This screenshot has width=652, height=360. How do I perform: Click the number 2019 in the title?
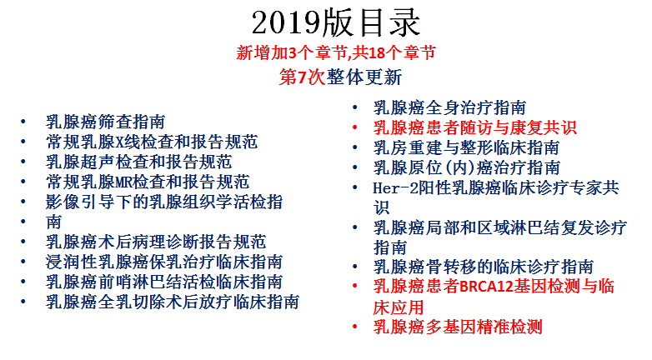[x=287, y=22]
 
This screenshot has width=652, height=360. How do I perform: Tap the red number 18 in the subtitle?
[x=376, y=52]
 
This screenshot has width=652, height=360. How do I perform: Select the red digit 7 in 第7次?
[x=302, y=77]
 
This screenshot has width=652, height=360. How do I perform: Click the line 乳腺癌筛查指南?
[x=106, y=122]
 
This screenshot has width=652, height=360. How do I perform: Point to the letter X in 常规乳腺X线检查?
[x=119, y=142]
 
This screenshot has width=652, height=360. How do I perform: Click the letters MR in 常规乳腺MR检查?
[x=123, y=182]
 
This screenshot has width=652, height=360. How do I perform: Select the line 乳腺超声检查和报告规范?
[x=139, y=162]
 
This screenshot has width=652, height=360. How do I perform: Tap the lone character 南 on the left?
[x=54, y=222]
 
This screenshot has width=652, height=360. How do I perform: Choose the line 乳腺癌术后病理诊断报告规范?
[x=156, y=242]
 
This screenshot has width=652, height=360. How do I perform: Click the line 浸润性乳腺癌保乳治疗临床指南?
[x=164, y=262]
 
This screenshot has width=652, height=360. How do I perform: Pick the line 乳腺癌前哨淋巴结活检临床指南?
[x=164, y=282]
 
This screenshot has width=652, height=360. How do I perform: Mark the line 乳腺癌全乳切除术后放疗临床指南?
[x=173, y=302]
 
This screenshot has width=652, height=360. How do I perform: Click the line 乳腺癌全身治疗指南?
[x=449, y=107]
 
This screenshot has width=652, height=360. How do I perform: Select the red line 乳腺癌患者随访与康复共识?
[x=475, y=127]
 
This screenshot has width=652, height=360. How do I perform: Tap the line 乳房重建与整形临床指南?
[x=466, y=147]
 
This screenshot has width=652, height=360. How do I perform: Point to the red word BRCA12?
[x=487, y=287]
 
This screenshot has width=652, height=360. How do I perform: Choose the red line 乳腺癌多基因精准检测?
[x=458, y=327]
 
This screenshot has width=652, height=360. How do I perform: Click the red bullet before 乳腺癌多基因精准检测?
[x=354, y=327]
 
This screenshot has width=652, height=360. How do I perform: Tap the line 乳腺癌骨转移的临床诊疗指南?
[x=484, y=267]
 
